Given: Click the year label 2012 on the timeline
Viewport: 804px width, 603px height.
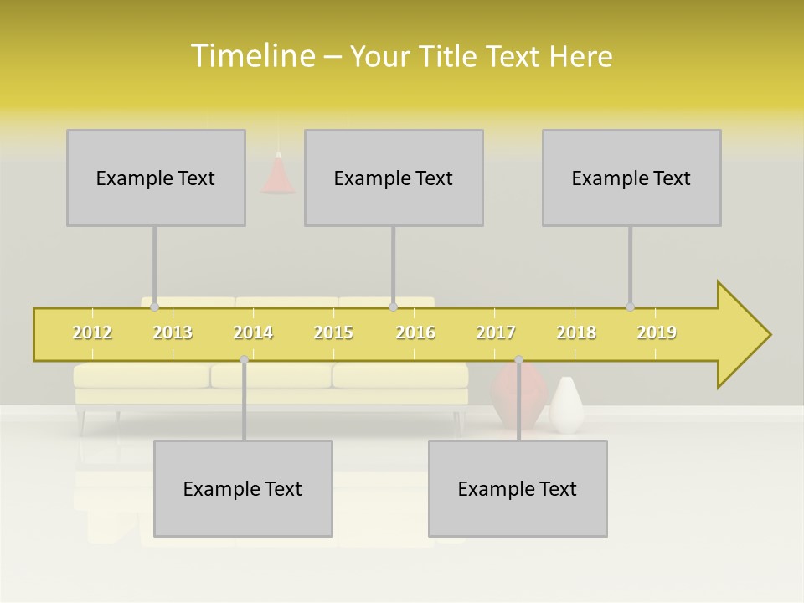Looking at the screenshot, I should (x=92, y=332).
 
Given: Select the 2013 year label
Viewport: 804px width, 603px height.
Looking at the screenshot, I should (x=173, y=332).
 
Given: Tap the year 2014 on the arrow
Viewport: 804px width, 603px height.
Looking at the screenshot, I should (x=253, y=332).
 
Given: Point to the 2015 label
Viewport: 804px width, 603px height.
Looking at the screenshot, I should (x=333, y=332).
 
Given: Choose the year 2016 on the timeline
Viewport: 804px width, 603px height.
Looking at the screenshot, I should (x=415, y=332).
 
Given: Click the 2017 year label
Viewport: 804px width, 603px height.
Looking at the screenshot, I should (x=496, y=332).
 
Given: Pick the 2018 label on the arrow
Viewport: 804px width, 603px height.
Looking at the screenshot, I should (x=576, y=332).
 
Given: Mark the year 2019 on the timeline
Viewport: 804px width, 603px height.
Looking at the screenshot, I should (x=657, y=332).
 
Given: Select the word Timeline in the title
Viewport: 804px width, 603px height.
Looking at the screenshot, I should (x=252, y=56).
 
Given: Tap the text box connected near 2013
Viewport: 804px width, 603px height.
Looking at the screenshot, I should (x=156, y=178).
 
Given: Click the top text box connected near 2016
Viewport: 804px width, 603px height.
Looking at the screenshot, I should (x=394, y=178).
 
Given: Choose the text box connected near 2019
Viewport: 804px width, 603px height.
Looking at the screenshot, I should (x=631, y=178).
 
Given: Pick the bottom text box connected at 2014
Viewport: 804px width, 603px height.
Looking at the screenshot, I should (x=243, y=488).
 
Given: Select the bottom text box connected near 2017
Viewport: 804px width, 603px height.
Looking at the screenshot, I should (x=518, y=488).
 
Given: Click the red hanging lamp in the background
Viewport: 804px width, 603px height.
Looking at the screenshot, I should (x=277, y=176).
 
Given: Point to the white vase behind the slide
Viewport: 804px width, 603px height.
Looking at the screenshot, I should (x=567, y=405).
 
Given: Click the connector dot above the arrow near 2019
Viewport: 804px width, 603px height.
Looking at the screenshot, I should (x=630, y=307).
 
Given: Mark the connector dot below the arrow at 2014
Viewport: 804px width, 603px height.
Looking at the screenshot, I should (x=244, y=360).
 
